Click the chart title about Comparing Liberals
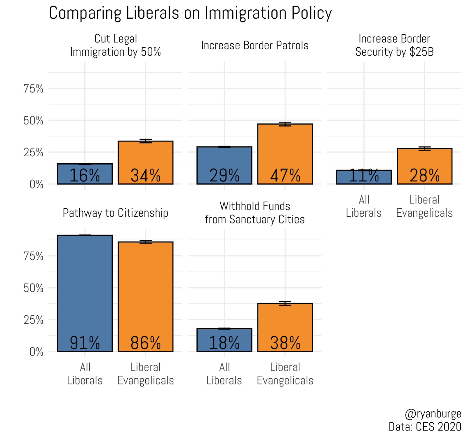pyautogui.click(x=190, y=13)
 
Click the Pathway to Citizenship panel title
pyautogui.click(x=115, y=213)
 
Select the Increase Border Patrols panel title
pyautogui.click(x=255, y=46)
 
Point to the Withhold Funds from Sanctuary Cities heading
pyautogui.click(x=255, y=213)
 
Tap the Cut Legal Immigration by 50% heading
pyautogui.click(x=115, y=45)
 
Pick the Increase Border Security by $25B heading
pyautogui.click(x=394, y=45)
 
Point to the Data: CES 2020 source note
pyautogui.click(x=425, y=426)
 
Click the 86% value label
pyautogui.click(x=145, y=343)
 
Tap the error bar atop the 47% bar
pyautogui.click(x=285, y=124)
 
